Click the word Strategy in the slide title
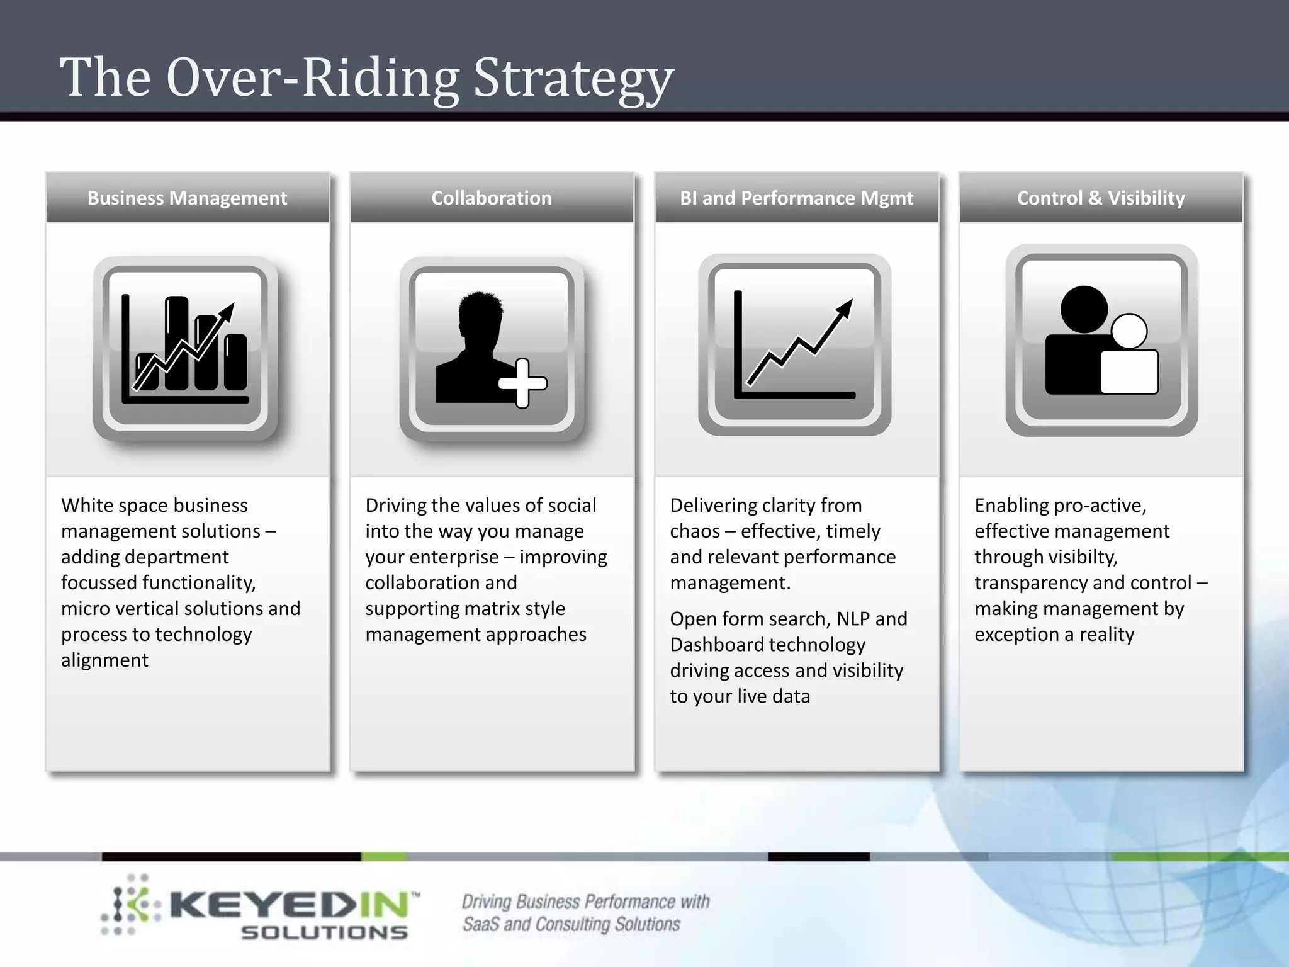coord(573,79)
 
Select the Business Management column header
coord(187,198)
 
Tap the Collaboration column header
coord(492,198)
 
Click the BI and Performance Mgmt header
coord(796,198)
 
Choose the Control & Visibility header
coord(1101,198)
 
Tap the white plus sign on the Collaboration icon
coord(522,383)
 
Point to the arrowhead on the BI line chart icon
coord(845,308)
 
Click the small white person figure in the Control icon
coord(1129,359)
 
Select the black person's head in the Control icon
coord(1084,310)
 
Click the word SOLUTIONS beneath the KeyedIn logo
coord(324,932)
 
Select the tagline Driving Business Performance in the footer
coord(585,902)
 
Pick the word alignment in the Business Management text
coord(104,660)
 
